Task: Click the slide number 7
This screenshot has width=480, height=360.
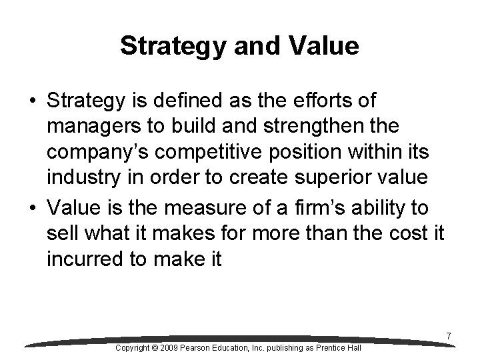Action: tap(449, 337)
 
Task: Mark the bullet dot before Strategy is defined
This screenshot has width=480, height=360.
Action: tap(32, 102)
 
